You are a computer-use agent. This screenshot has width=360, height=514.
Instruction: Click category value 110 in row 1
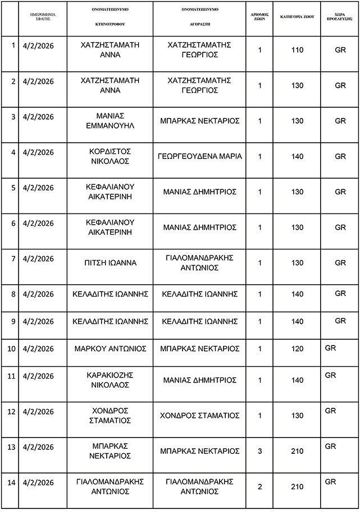[298, 50]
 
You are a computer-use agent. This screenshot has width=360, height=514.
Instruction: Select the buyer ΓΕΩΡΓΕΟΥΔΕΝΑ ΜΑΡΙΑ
[200, 156]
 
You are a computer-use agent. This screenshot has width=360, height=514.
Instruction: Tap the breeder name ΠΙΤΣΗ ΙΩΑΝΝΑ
[110, 262]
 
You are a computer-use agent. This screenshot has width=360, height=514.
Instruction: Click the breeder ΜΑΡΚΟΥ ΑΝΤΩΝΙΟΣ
[110, 349]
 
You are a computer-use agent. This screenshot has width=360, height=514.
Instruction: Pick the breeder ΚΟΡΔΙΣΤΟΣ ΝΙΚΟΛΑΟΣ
[110, 156]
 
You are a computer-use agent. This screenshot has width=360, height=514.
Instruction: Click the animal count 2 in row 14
[260, 486]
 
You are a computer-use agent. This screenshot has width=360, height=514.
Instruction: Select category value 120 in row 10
[298, 349]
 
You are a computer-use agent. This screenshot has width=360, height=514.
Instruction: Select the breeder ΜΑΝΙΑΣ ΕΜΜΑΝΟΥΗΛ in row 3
[110, 120]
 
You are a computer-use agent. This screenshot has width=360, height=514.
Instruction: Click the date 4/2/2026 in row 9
[38, 321]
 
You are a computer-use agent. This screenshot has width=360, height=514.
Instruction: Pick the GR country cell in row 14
[331, 482]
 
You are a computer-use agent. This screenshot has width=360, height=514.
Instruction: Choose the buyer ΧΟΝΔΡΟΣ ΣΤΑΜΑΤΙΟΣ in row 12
[200, 416]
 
